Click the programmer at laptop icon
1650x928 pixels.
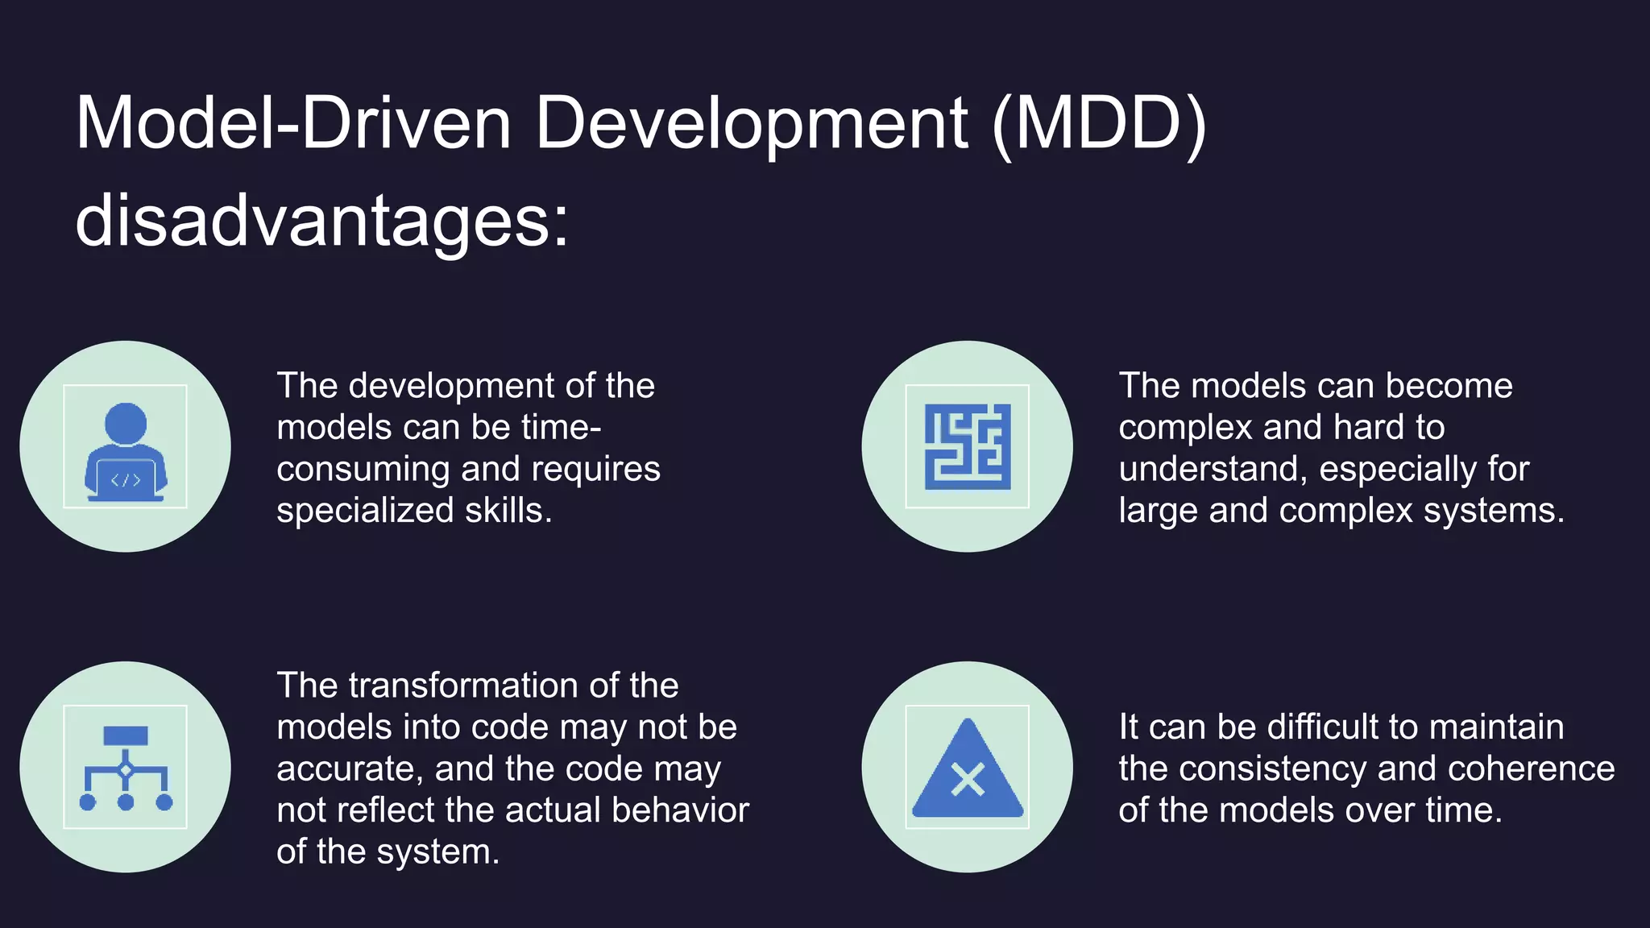[126, 447]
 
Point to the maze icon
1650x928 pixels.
[967, 447]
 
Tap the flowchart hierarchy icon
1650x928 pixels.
[126, 768]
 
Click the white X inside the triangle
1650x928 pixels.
[967, 780]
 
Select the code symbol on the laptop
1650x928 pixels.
[126, 481]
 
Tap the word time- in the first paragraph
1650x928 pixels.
[561, 427]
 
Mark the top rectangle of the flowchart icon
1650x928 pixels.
[126, 735]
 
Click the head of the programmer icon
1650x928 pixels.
[126, 423]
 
